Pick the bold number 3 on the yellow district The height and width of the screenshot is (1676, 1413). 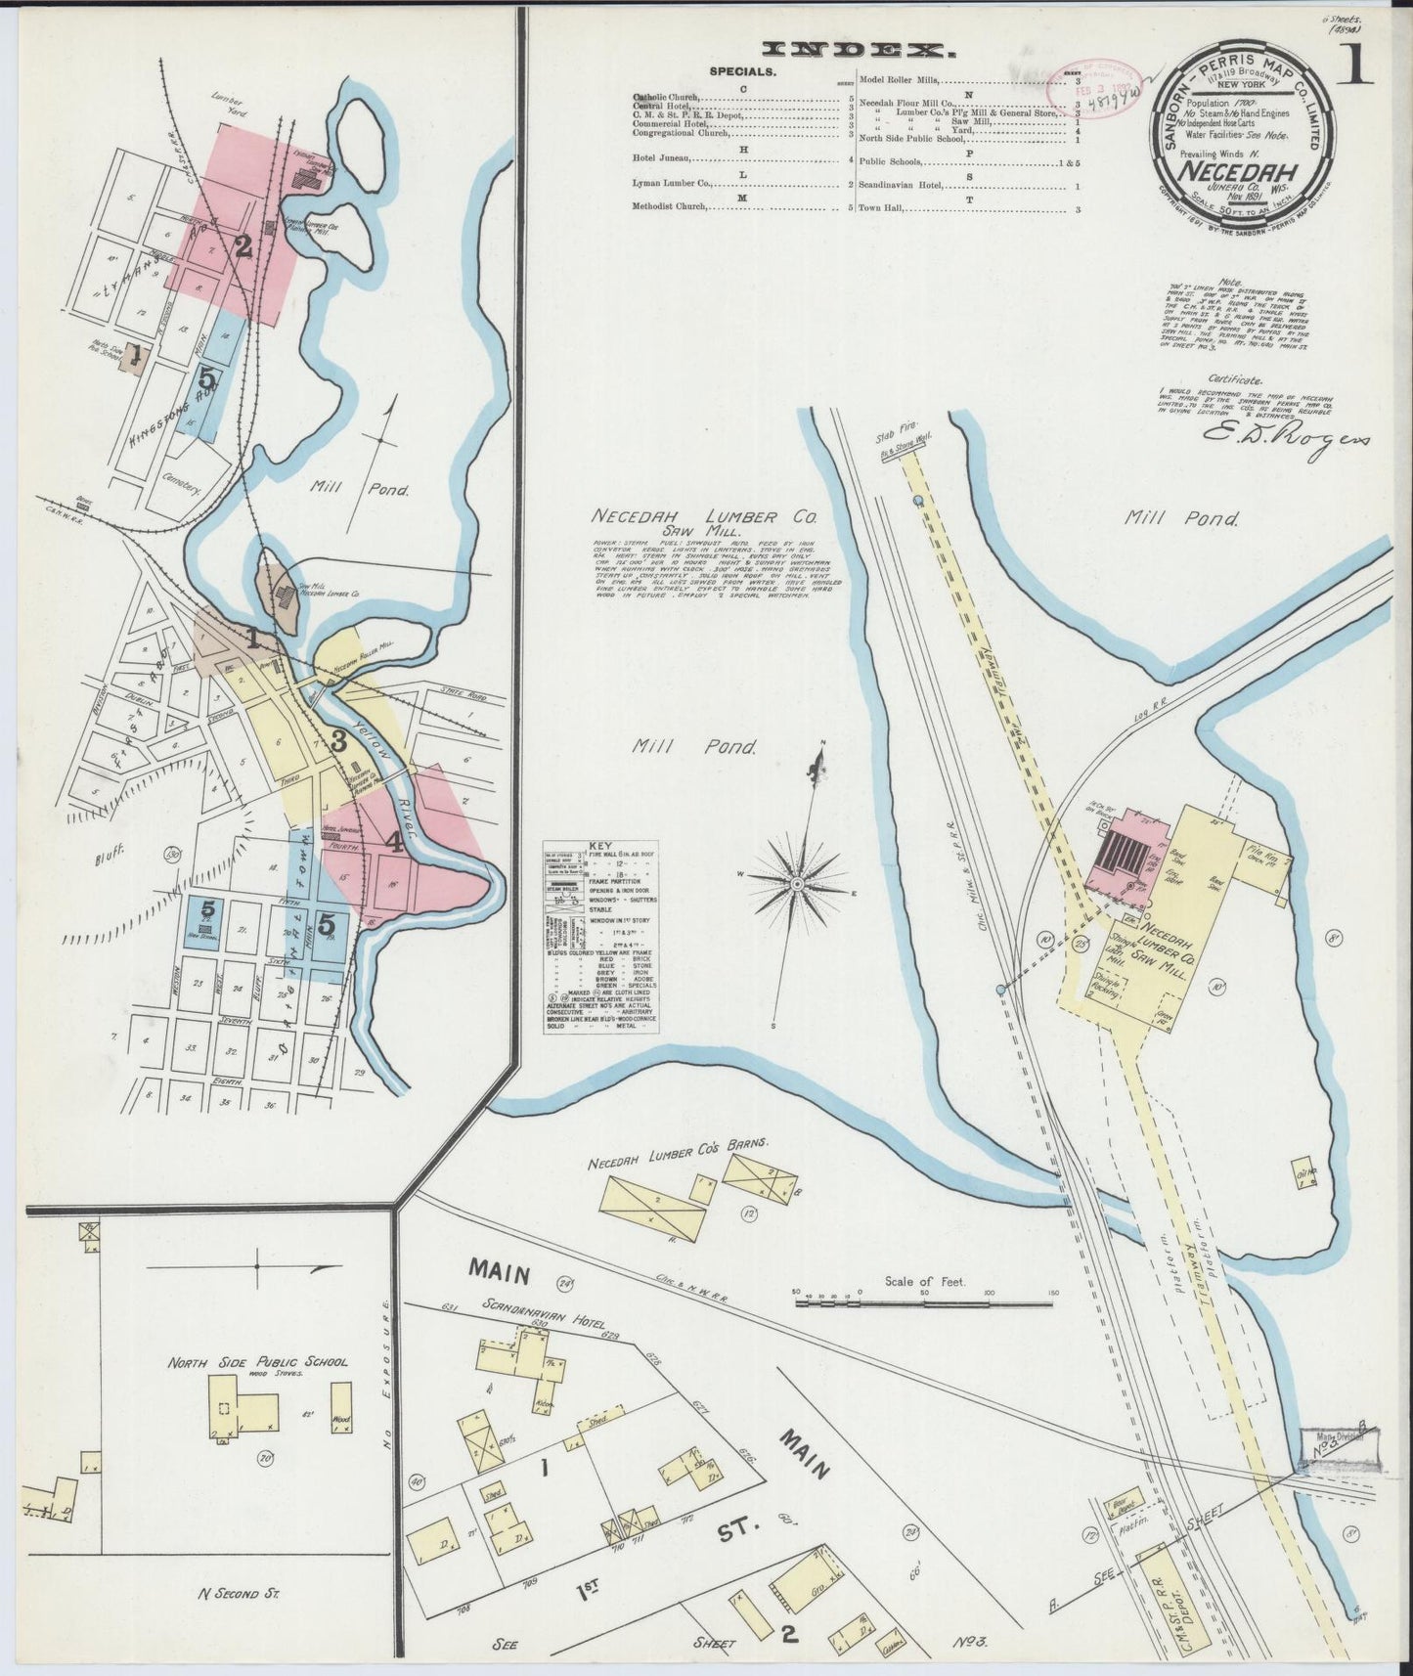click(x=339, y=741)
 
